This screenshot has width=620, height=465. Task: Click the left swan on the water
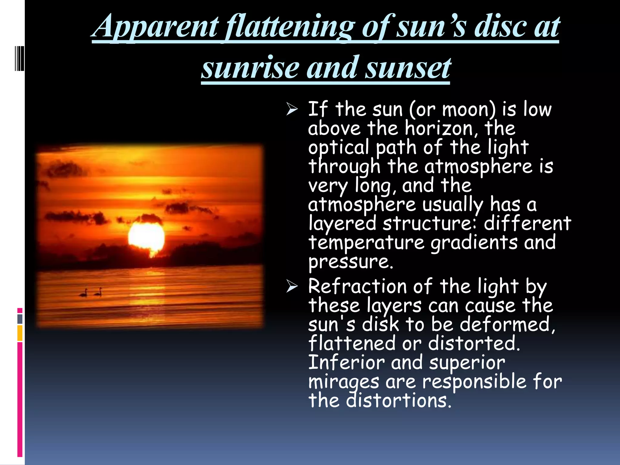point(84,292)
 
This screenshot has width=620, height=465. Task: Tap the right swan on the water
point(98,292)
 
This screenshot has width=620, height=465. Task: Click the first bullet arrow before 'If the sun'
point(292,109)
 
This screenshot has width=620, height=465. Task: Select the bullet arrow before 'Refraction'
point(292,286)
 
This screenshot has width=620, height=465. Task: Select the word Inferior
point(346,362)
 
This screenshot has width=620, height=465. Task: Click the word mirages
point(343,382)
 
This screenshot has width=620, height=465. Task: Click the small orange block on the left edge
point(20,333)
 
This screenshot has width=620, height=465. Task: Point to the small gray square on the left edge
point(20,319)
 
